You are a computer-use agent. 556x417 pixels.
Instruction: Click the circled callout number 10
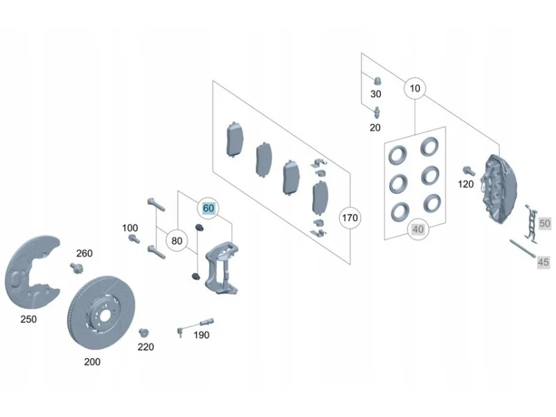tap(414, 88)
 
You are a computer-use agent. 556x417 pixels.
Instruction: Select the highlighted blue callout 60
tap(208, 208)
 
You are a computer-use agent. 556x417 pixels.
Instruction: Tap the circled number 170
tap(350, 218)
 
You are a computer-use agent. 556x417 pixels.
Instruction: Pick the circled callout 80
tap(177, 240)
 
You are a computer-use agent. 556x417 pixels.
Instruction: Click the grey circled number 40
tap(418, 229)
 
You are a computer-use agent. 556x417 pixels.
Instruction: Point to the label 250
tap(28, 319)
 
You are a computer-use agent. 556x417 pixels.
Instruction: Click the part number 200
tap(92, 361)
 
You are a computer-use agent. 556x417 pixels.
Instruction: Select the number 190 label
tap(202, 335)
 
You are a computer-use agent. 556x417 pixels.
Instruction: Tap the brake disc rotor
tap(101, 312)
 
